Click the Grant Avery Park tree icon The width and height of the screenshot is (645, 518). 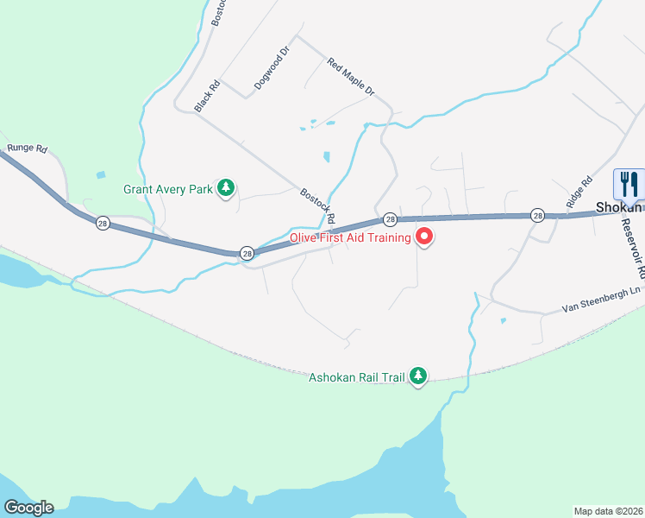coord(226,188)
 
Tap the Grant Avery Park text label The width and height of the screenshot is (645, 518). coord(167,188)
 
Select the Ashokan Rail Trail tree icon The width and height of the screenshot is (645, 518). coord(418,376)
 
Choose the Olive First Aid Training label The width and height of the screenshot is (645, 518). coord(349,237)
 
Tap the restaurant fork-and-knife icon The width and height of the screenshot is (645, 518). coord(629,184)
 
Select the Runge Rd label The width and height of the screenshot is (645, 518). coord(26,148)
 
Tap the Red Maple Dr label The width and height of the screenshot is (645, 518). coord(351,76)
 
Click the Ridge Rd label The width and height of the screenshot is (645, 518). coord(580,192)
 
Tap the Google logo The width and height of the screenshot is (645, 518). coord(28,508)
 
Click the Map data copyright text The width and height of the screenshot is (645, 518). coord(608,510)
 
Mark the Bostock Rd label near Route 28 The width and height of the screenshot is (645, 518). coord(317,207)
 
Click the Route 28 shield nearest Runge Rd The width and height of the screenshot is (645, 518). coord(103,222)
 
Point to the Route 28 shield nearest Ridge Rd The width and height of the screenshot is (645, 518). coord(537,215)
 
